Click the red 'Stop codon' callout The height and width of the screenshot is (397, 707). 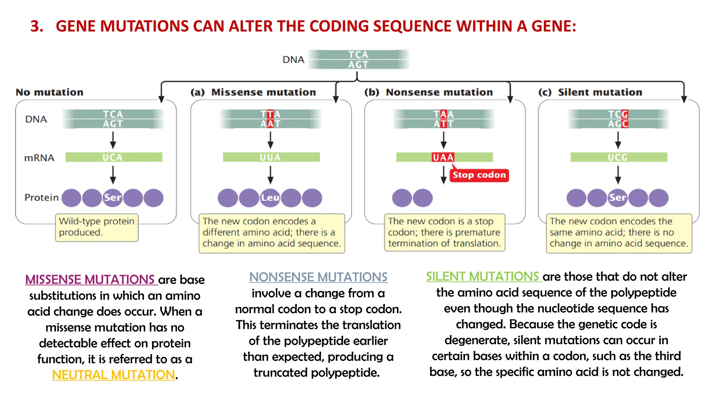pyautogui.click(x=479, y=175)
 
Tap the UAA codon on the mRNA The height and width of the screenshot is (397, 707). pyautogui.click(x=443, y=157)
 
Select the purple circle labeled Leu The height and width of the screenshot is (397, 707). pyautogui.click(x=270, y=198)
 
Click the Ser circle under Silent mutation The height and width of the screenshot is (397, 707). pyautogui.click(x=617, y=198)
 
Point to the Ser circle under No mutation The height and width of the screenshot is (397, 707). pyautogui.click(x=113, y=198)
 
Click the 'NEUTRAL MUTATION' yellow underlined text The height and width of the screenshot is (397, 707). pyautogui.click(x=113, y=375)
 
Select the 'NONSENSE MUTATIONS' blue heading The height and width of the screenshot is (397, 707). pyautogui.click(x=318, y=277)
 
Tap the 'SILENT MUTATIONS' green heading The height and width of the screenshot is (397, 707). pyautogui.click(x=482, y=276)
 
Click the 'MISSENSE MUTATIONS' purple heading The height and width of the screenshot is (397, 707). pyautogui.click(x=90, y=279)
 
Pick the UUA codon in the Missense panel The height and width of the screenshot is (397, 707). pyautogui.click(x=270, y=157)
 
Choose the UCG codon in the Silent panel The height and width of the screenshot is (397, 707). pyautogui.click(x=618, y=157)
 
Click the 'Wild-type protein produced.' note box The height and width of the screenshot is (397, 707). pyautogui.click(x=97, y=227)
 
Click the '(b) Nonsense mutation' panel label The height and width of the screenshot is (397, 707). pyautogui.click(x=428, y=92)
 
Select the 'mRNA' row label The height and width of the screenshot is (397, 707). pyautogui.click(x=39, y=158)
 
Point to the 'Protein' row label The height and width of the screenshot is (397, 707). pyautogui.click(x=41, y=197)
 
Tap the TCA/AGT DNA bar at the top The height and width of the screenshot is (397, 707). pyautogui.click(x=358, y=60)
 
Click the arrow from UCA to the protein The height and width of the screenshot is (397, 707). pyautogui.click(x=113, y=175)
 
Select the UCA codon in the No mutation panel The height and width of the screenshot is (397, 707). pyautogui.click(x=113, y=157)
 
